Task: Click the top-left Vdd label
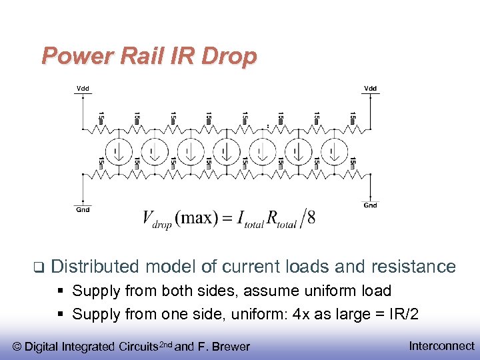(x=83, y=88)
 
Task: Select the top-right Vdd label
(x=370, y=88)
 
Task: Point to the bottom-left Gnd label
(x=83, y=209)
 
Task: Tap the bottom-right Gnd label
(x=370, y=205)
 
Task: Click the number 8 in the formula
(x=311, y=219)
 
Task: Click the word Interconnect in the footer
(x=441, y=345)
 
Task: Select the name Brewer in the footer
(x=231, y=346)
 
